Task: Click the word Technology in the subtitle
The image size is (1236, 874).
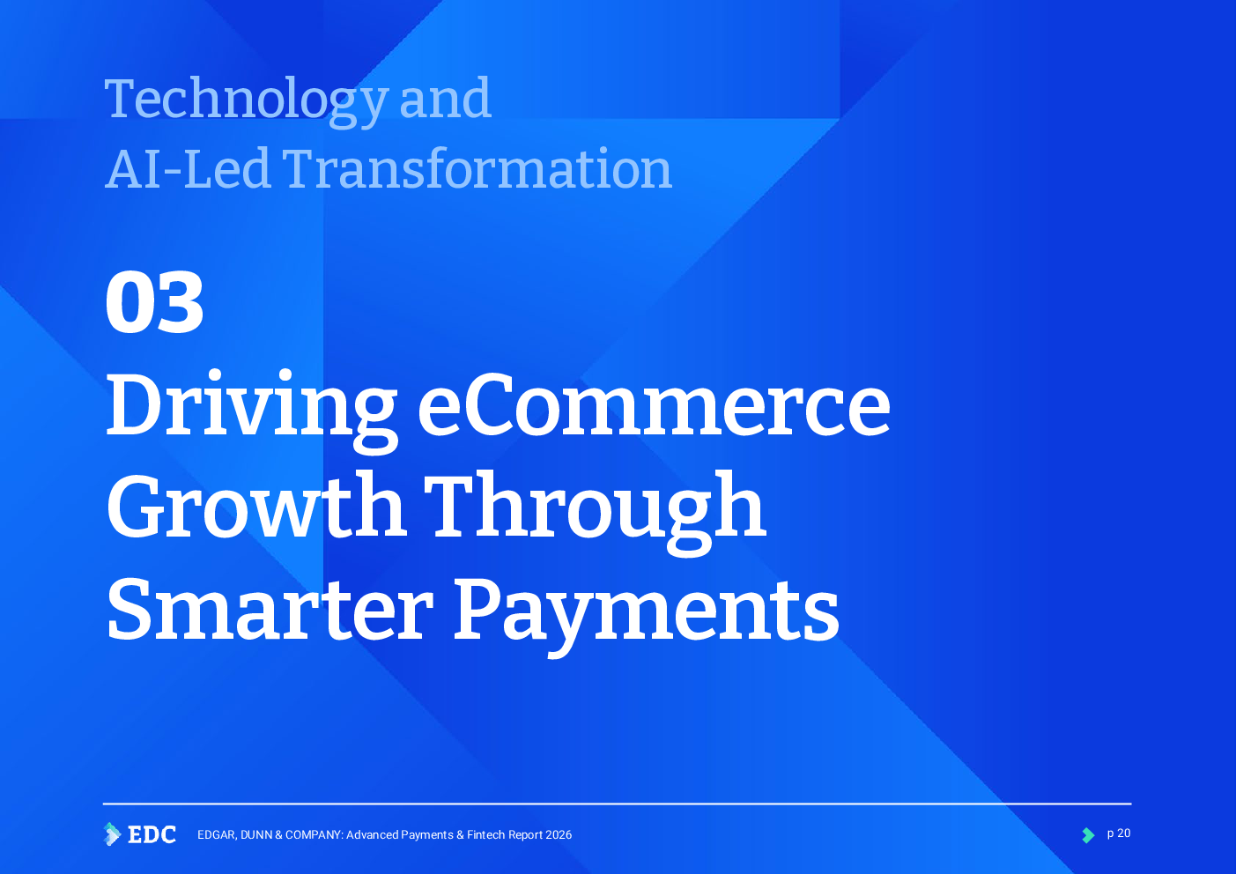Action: click(x=246, y=102)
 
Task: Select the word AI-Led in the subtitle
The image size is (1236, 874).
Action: click(x=187, y=169)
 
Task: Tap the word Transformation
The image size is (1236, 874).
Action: click(x=477, y=169)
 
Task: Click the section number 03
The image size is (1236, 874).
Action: click(x=154, y=302)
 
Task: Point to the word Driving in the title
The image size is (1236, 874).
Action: click(x=252, y=411)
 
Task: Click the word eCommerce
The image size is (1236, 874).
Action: click(x=654, y=405)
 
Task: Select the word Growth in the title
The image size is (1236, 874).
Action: click(x=257, y=505)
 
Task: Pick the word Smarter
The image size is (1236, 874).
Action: click(x=270, y=611)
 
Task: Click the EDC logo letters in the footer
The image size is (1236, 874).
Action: click(x=152, y=835)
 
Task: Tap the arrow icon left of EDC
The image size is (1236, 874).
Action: click(x=112, y=834)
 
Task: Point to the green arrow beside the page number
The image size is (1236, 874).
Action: click(x=1088, y=835)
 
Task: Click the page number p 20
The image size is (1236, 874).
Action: click(x=1119, y=833)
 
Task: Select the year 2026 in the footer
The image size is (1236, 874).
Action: click(x=559, y=835)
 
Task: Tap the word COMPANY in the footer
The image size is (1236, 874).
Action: click(x=314, y=835)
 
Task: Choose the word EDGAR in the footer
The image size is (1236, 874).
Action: click(x=218, y=835)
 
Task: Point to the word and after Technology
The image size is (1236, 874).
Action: click(x=445, y=98)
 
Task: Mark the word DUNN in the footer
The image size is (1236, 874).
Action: click(x=256, y=835)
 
